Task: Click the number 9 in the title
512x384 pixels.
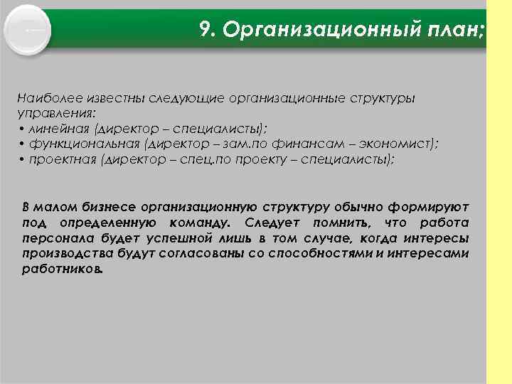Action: click(x=206, y=31)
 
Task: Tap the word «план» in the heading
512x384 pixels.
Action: click(x=453, y=31)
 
